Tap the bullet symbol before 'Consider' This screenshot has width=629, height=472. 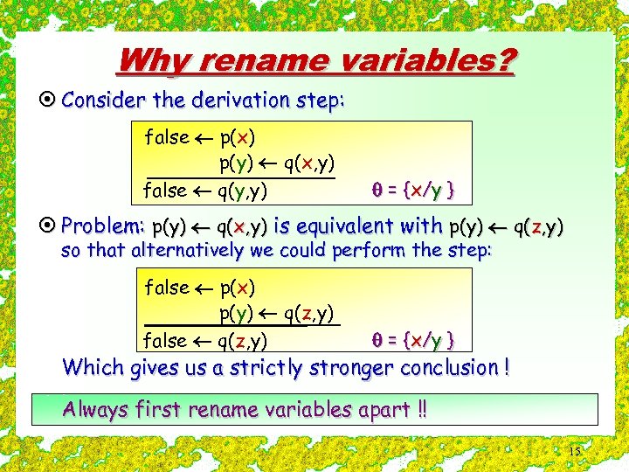click(x=52, y=100)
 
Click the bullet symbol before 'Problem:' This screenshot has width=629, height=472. click(x=52, y=226)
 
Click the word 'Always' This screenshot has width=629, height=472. click(x=95, y=409)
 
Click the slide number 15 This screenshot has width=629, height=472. click(x=575, y=452)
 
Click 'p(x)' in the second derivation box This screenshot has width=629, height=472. click(x=238, y=288)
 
